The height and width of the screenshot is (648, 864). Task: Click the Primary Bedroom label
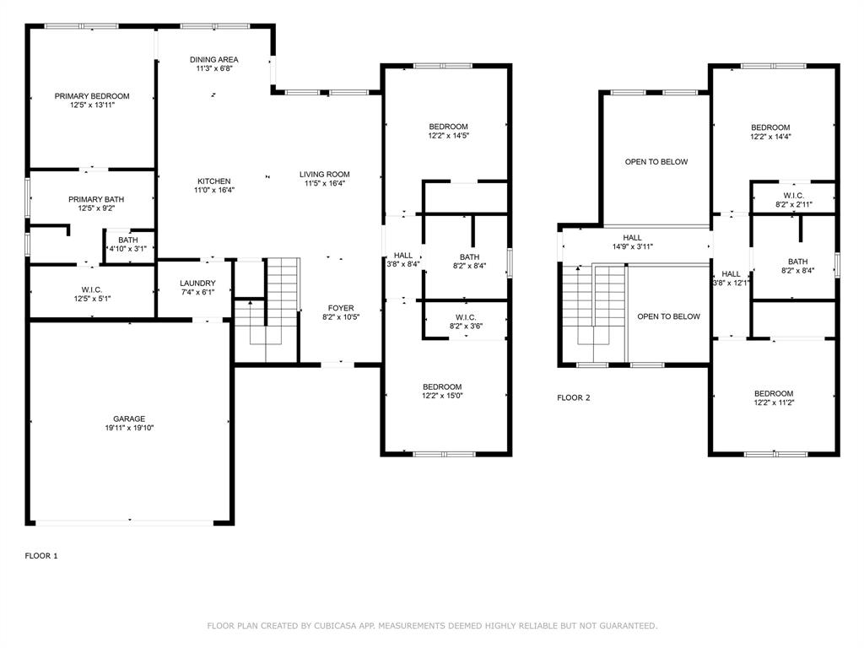click(92, 96)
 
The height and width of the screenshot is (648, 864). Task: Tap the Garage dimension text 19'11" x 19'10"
click(129, 429)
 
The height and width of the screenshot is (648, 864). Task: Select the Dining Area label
click(213, 60)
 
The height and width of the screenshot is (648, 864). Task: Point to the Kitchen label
click(213, 181)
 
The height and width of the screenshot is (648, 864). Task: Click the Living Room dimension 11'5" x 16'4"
click(324, 184)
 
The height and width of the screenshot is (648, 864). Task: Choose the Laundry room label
click(197, 283)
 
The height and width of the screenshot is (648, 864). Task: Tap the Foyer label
click(340, 308)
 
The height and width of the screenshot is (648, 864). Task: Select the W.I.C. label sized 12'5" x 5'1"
click(92, 289)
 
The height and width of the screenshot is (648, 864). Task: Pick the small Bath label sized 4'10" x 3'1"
click(128, 240)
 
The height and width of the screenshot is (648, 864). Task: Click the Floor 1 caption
click(41, 556)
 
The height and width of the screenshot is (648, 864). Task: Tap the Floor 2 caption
click(574, 397)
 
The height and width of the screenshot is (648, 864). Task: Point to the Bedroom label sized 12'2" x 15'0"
click(442, 386)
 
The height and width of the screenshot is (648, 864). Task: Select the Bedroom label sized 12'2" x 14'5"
click(448, 127)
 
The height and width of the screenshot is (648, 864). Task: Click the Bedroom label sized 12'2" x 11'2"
click(773, 393)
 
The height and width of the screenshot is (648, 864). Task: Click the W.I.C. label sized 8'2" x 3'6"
click(466, 316)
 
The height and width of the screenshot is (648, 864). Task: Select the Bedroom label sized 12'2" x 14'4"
click(770, 127)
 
